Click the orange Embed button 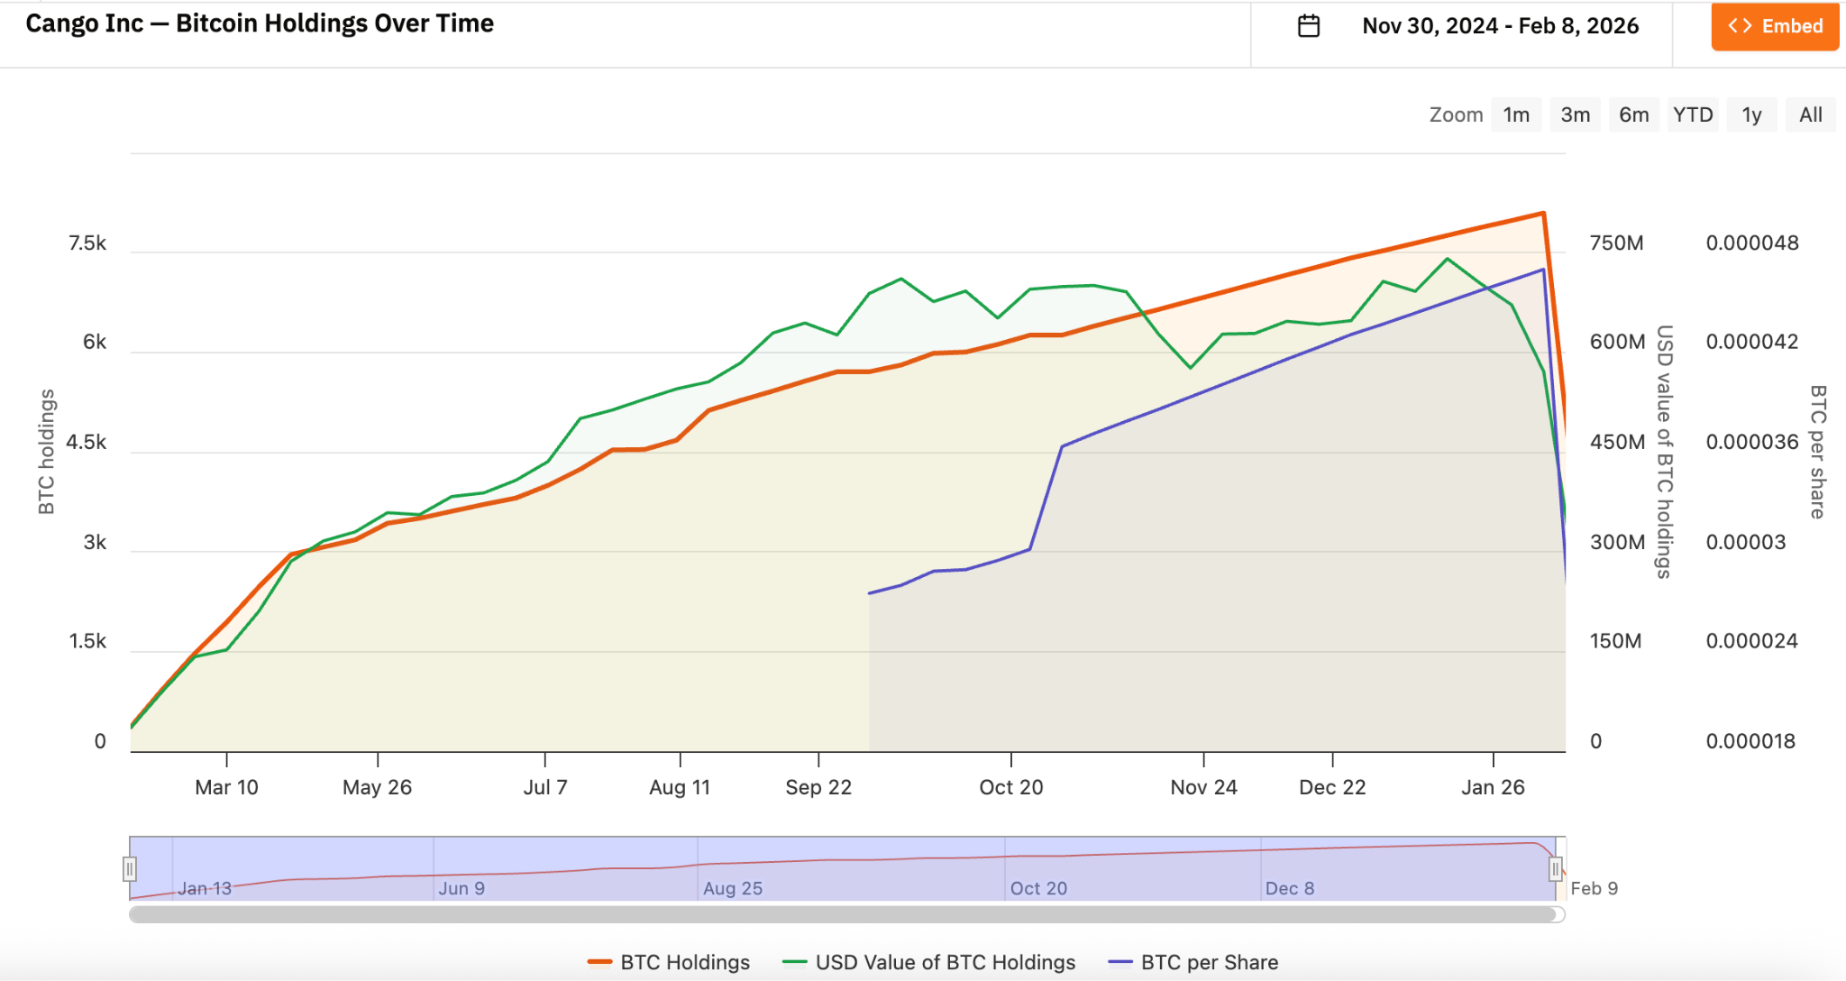point(1774,26)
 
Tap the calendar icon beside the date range point(1309,26)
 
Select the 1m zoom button point(1516,115)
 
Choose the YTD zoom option point(1693,115)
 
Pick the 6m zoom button point(1633,115)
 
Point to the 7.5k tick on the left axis point(87,243)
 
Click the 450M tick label point(1617,442)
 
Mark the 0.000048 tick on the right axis point(1751,243)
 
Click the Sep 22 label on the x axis point(818,787)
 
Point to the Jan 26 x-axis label point(1493,787)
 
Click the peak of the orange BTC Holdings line point(1543,214)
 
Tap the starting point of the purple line point(869,593)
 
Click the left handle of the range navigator point(130,869)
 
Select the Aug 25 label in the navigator point(732,888)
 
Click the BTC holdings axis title point(46,452)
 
